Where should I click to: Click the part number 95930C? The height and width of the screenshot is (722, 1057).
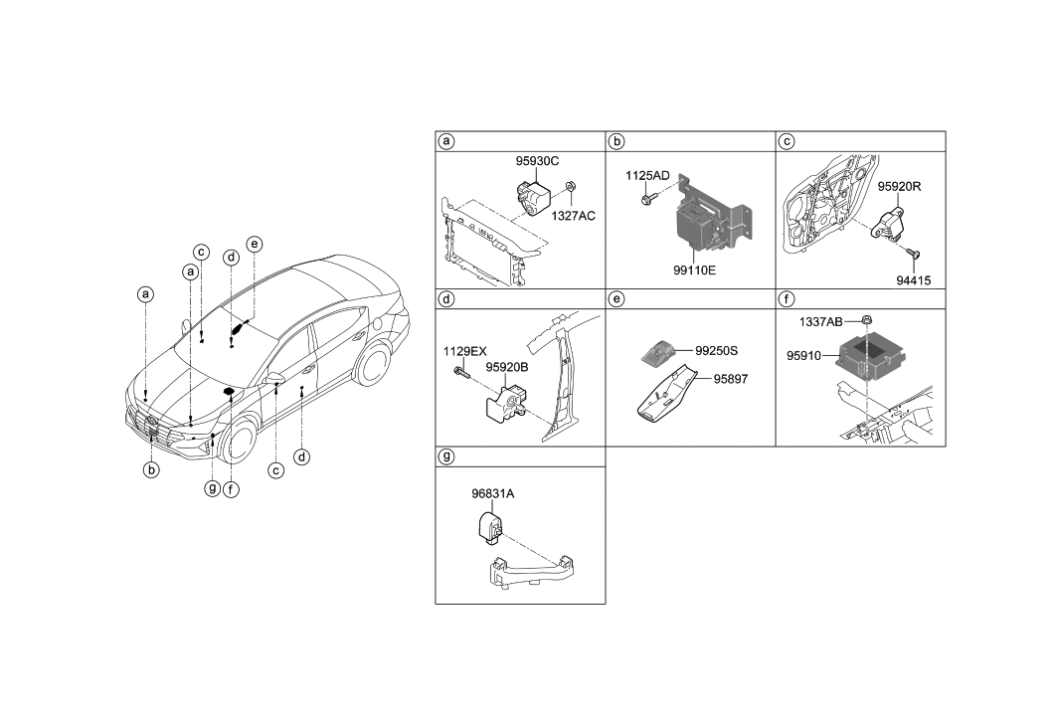[x=537, y=160]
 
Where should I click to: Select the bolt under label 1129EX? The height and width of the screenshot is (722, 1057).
[x=459, y=374]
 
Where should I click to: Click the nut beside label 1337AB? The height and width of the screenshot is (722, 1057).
[x=867, y=321]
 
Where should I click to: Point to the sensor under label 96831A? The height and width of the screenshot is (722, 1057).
[x=488, y=526]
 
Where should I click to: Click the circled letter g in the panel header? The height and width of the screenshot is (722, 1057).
[x=447, y=456]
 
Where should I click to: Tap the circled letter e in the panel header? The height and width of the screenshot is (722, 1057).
[x=617, y=298]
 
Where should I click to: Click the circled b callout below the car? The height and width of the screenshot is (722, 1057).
[x=151, y=470]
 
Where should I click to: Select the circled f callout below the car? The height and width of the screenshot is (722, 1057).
[x=232, y=488]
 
